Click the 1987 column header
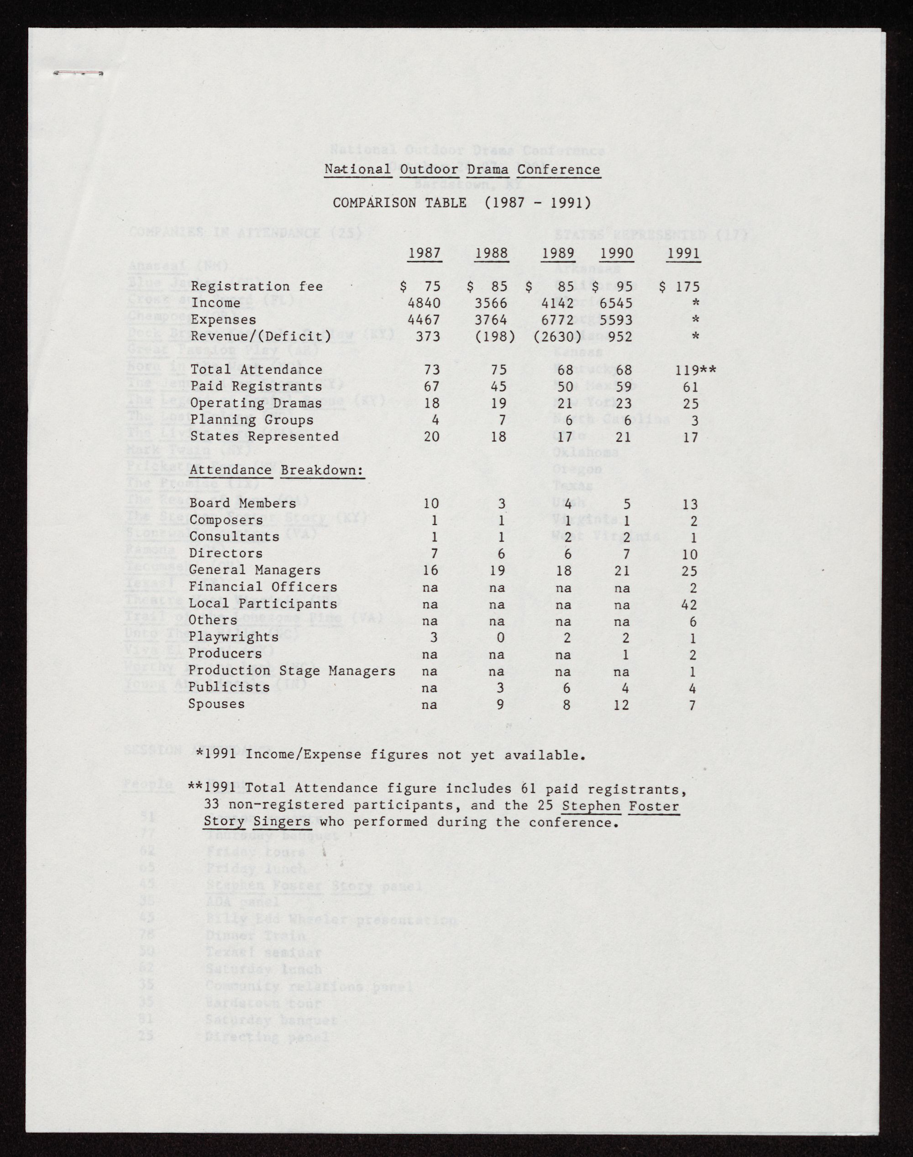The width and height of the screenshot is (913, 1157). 425,253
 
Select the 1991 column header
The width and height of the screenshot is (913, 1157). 684,253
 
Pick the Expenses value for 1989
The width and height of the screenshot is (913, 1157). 557,319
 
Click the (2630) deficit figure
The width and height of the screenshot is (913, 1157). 557,337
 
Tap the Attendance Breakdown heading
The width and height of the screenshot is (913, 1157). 276,470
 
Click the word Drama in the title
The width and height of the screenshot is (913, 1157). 488,169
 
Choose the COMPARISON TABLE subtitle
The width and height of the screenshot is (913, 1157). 462,203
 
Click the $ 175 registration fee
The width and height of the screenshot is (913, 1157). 679,287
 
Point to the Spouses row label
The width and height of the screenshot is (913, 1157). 216,704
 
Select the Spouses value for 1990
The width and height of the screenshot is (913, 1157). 621,705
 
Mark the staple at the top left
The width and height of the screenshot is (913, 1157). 78,73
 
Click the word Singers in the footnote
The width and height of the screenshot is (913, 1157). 282,822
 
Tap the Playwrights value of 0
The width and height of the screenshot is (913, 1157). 501,638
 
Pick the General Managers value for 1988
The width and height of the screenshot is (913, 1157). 498,571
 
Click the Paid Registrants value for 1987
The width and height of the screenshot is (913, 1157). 432,387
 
